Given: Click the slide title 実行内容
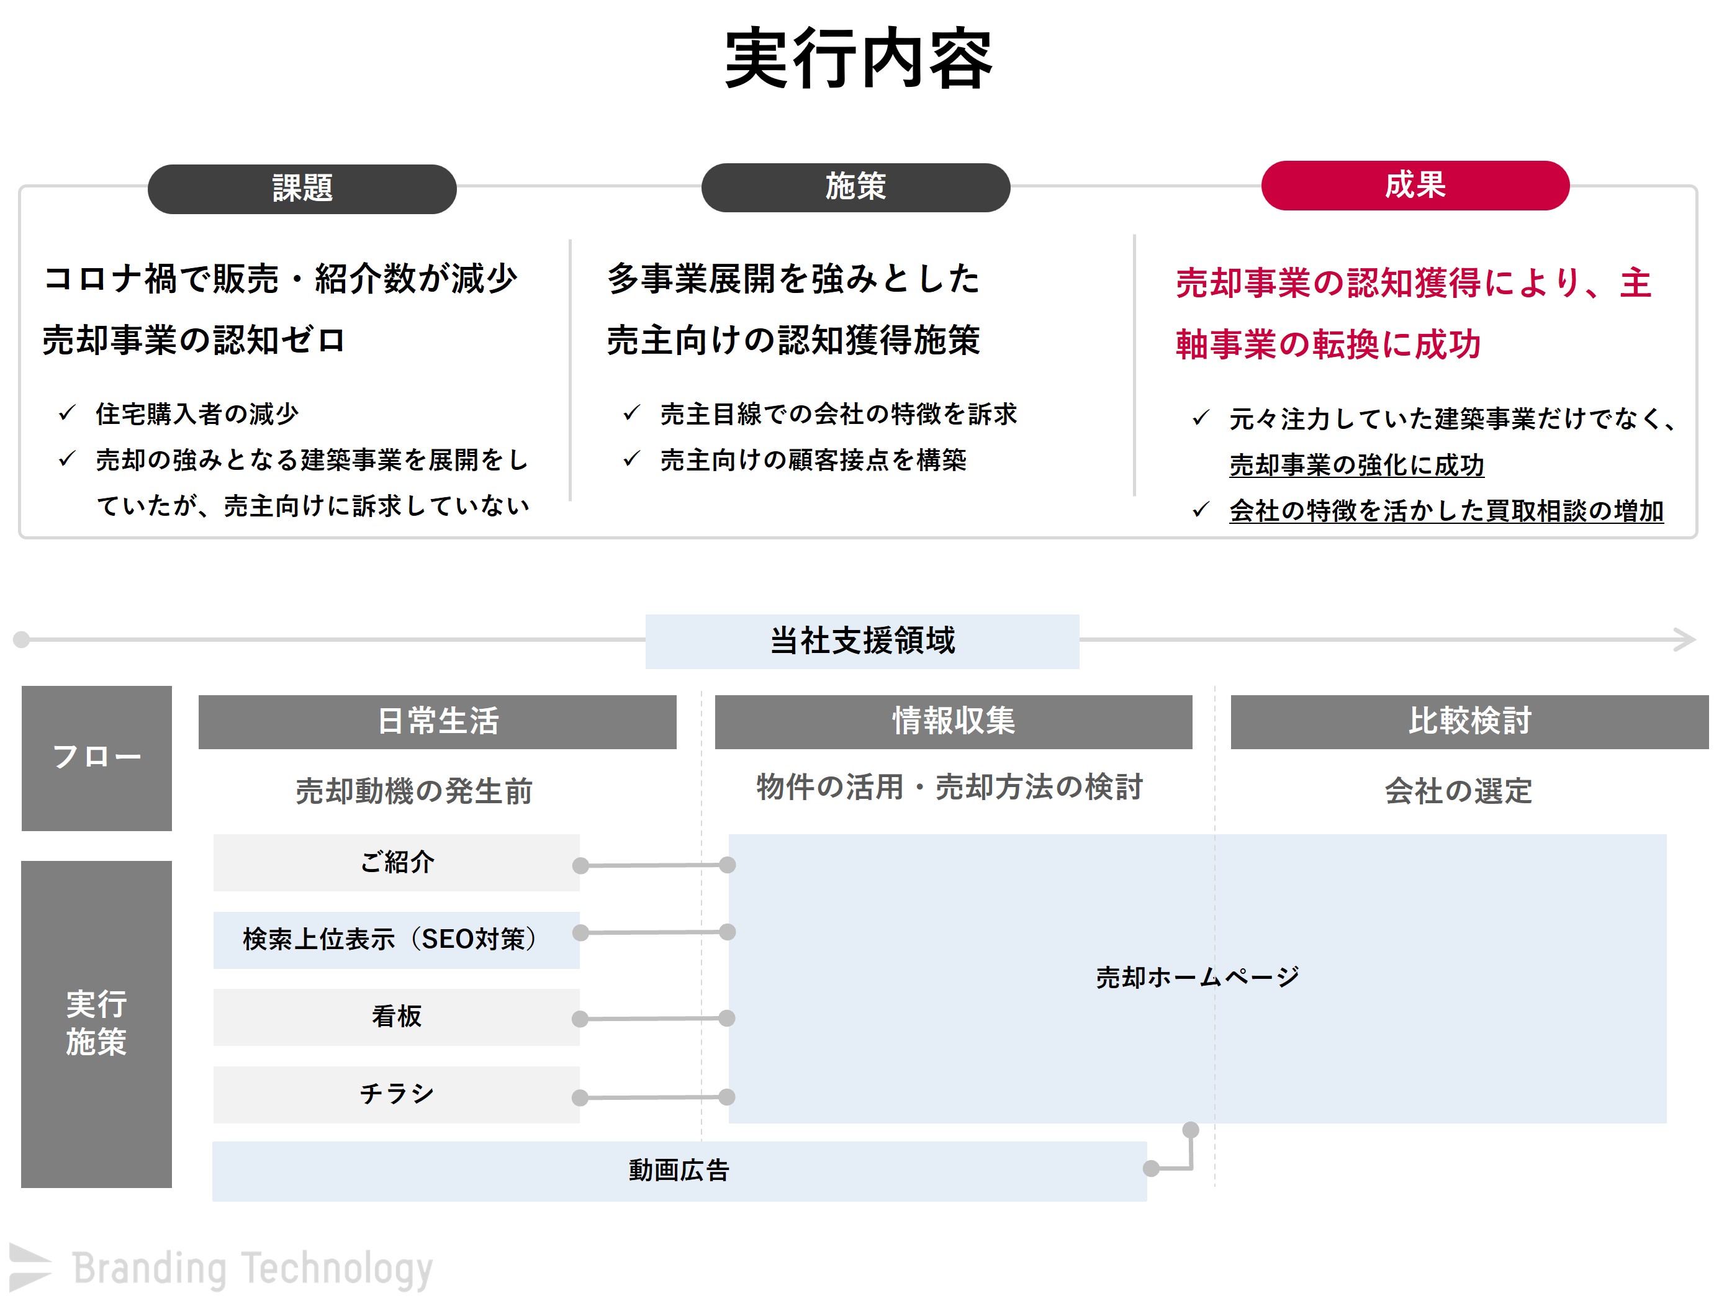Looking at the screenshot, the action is pyautogui.click(x=859, y=58).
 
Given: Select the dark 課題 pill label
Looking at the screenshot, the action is pyautogui.click(x=302, y=188).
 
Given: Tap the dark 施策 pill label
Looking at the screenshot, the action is pyautogui.click(x=855, y=187).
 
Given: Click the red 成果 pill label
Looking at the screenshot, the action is pyautogui.click(x=1415, y=185).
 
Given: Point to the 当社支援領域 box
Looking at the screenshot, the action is pyautogui.click(x=862, y=641).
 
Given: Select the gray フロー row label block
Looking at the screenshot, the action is pyautogui.click(x=96, y=758).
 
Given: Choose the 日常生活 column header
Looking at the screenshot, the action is pyautogui.click(x=438, y=721).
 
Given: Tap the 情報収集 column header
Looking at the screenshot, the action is pyautogui.click(x=954, y=721).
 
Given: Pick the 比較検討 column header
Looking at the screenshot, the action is pyautogui.click(x=1469, y=721).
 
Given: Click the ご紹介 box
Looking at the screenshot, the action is pyautogui.click(x=396, y=863).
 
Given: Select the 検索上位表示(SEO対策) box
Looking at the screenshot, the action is pyautogui.click(x=396, y=940).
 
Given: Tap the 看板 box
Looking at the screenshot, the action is pyautogui.click(x=396, y=1017).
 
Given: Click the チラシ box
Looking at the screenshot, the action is pyautogui.click(x=396, y=1094).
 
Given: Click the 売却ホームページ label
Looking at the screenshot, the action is pyautogui.click(x=1198, y=977).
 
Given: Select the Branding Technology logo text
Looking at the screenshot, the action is pyautogui.click(x=253, y=1268).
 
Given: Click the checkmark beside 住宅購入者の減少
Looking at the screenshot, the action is pyautogui.click(x=67, y=413).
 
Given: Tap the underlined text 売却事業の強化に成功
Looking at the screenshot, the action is pyautogui.click(x=1357, y=465).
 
